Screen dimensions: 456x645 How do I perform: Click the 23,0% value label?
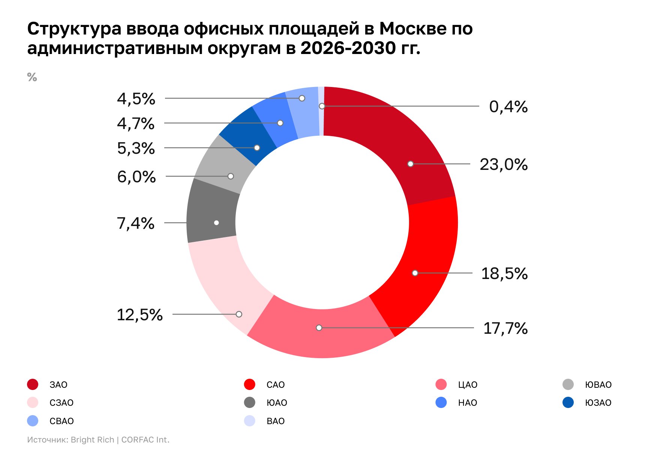click(x=503, y=165)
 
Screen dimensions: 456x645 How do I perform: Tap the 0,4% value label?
click(x=508, y=107)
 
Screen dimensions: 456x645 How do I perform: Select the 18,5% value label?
click(x=504, y=274)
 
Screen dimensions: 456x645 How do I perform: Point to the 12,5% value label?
click(x=139, y=315)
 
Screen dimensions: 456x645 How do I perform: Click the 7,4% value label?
click(x=135, y=223)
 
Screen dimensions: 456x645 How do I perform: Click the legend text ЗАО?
click(x=58, y=385)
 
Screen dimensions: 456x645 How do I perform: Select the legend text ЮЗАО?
click(x=598, y=403)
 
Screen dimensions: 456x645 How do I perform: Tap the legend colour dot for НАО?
click(x=441, y=403)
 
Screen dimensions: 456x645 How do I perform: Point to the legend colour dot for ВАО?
click(x=249, y=421)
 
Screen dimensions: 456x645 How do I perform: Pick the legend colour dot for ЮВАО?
click(x=568, y=385)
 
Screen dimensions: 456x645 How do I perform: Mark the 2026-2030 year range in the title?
click(x=348, y=48)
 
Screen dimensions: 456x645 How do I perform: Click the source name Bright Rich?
click(x=92, y=440)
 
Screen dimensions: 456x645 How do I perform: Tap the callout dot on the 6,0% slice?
click(x=231, y=176)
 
